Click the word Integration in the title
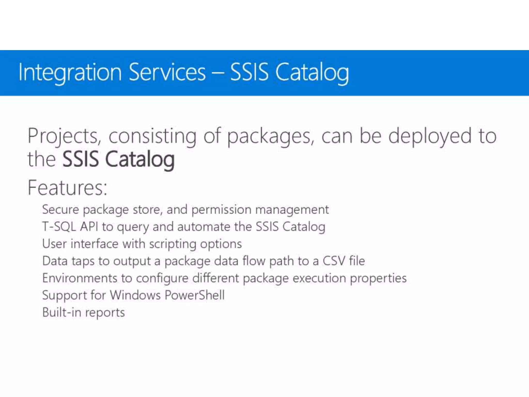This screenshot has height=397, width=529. (x=70, y=72)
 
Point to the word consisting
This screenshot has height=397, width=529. (x=152, y=136)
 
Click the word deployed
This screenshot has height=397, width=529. (x=430, y=136)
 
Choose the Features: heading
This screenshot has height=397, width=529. (x=67, y=188)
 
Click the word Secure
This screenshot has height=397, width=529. (x=60, y=209)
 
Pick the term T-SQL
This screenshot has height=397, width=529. (x=59, y=227)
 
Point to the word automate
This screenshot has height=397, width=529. (x=204, y=227)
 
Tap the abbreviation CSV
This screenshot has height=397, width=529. (x=333, y=261)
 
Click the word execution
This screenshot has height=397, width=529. (x=319, y=278)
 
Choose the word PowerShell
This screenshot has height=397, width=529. (x=195, y=295)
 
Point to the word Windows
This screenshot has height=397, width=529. (x=135, y=295)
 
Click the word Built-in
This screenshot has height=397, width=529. (x=62, y=312)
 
